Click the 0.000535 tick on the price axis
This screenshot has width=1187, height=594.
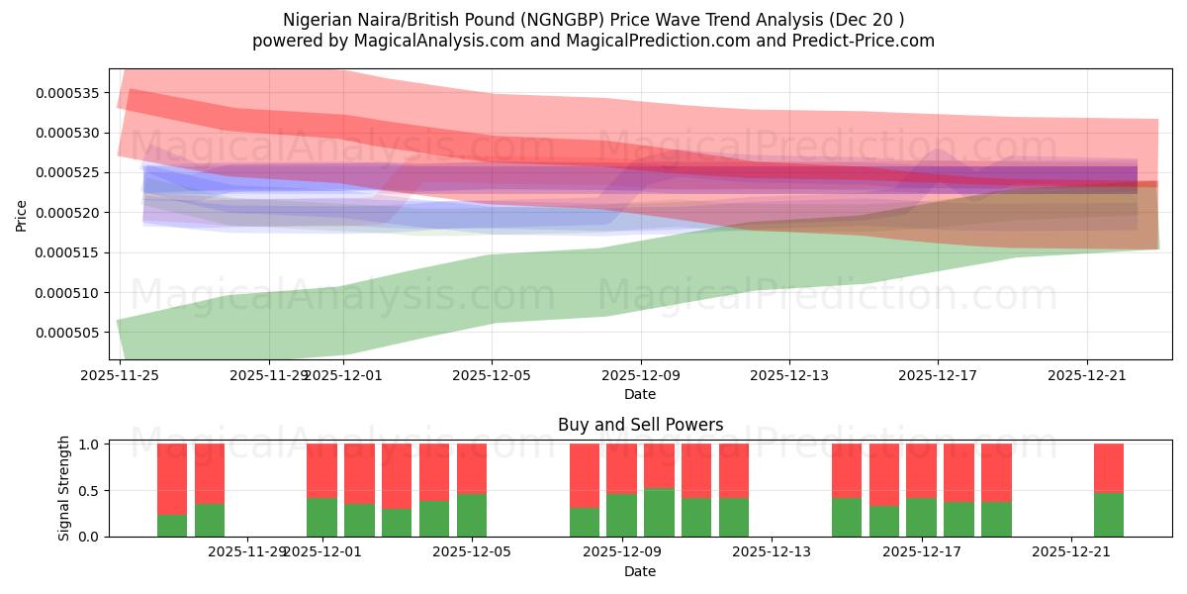[68, 93]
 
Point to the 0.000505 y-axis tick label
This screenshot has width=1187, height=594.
[68, 333]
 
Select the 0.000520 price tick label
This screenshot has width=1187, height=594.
[68, 213]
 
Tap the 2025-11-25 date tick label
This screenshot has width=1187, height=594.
[121, 376]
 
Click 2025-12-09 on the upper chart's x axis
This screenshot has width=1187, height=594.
[641, 376]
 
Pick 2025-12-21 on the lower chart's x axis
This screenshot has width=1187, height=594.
[1072, 552]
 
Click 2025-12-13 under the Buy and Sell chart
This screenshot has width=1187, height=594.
[770, 552]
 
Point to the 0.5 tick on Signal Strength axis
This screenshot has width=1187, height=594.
[88, 491]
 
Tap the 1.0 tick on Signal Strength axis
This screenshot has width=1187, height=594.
[88, 445]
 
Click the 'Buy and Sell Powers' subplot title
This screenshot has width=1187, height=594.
[640, 425]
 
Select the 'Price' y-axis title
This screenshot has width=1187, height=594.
[22, 215]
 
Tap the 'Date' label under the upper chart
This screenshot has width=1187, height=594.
[640, 394]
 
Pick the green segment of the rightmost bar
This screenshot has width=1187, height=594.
[1109, 515]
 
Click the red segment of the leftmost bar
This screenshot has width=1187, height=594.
[172, 479]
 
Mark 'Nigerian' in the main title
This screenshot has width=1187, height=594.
[316, 20]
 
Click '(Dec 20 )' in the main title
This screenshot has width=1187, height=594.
[868, 20]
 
